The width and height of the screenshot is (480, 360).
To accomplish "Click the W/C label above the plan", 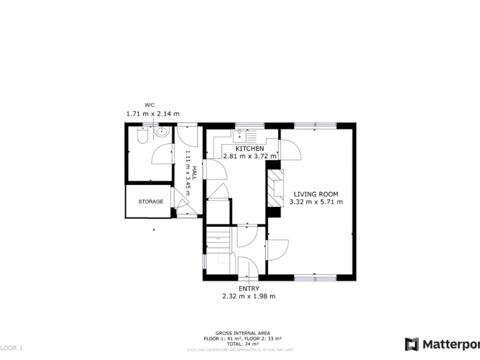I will pos(150,104).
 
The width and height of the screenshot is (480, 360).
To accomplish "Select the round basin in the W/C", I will pos(162,132).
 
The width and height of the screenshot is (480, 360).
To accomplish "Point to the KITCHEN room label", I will pos(249,148).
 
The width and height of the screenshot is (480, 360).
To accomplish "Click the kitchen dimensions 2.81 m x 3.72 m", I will pos(249,156).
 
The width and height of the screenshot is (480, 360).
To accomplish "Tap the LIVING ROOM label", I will pos(316,194).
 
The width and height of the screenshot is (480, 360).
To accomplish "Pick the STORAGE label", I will pos(151,201).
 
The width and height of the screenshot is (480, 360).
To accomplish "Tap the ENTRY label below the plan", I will pos(249,288).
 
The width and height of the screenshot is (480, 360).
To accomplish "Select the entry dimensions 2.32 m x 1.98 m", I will pos(249,296).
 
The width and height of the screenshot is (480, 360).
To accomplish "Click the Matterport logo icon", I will pos(411,344).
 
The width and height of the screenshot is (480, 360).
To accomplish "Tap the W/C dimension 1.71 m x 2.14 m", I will pos(152,114).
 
